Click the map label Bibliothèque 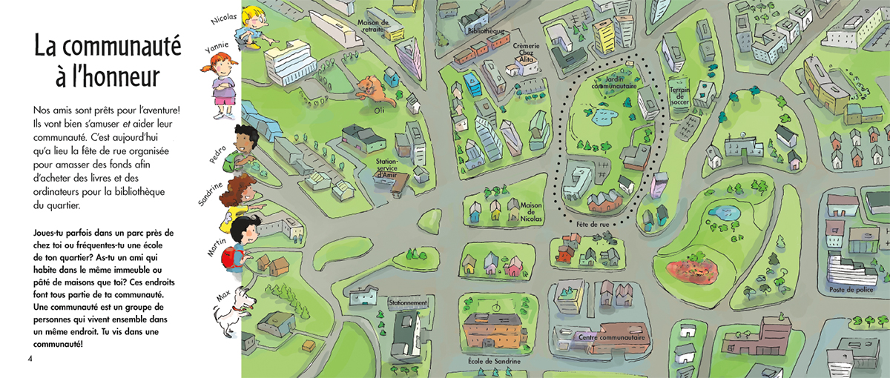click(487, 32)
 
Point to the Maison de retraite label click(374, 26)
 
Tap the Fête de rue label click(592, 223)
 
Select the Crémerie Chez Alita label click(527, 53)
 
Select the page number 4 click(30, 359)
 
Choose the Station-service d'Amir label click(388, 167)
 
